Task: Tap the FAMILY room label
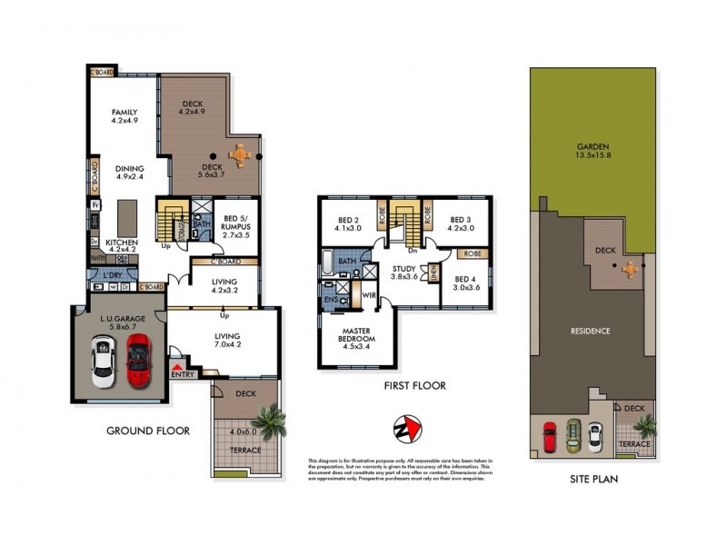pyautogui.click(x=124, y=115)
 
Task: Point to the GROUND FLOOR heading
pyautogui.click(x=148, y=431)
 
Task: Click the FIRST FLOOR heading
pyautogui.click(x=414, y=386)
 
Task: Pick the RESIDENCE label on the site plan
pyautogui.click(x=591, y=331)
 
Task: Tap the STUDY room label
pyautogui.click(x=403, y=273)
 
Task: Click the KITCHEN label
pyautogui.click(x=122, y=248)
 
